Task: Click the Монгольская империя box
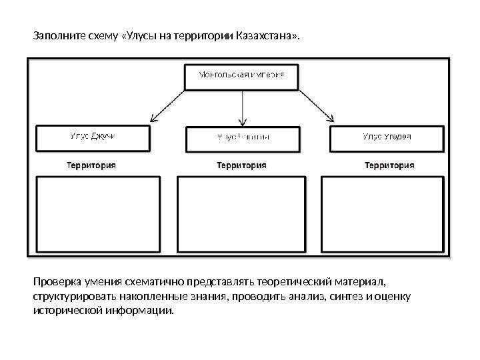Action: click(x=242, y=75)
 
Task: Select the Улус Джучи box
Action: click(x=93, y=138)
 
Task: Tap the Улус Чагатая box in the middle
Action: click(x=242, y=138)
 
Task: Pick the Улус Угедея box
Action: click(x=387, y=138)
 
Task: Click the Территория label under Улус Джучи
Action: click(x=91, y=165)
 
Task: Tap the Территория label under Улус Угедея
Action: click(x=389, y=165)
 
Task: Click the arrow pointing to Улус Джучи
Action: click(x=170, y=107)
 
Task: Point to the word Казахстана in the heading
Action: click(x=266, y=34)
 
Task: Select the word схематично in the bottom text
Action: click(x=160, y=281)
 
